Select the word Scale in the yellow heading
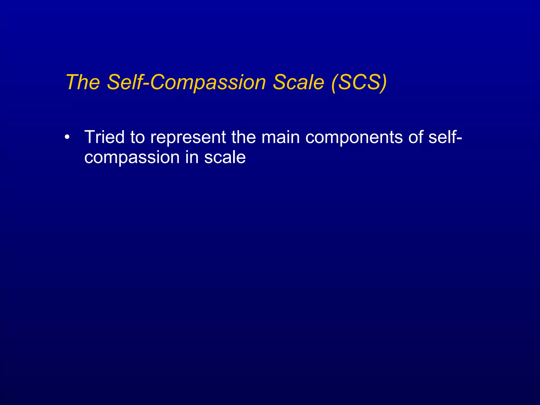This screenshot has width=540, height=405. (x=298, y=82)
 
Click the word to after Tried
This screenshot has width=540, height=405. (x=137, y=138)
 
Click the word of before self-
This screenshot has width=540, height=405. (x=416, y=137)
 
